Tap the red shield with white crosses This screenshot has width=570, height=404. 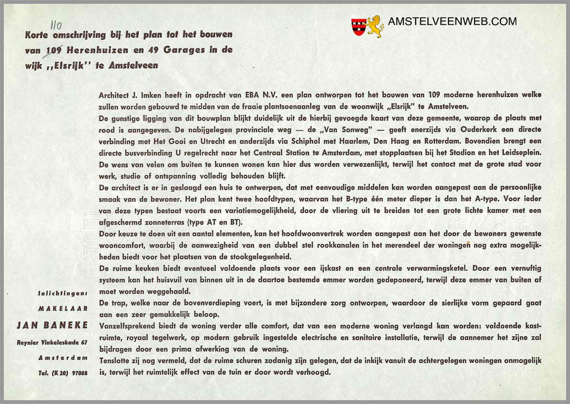[359, 26]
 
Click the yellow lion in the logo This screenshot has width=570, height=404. [375, 26]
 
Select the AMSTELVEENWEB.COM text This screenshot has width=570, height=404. [452, 21]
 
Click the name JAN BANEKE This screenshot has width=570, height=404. [52, 325]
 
